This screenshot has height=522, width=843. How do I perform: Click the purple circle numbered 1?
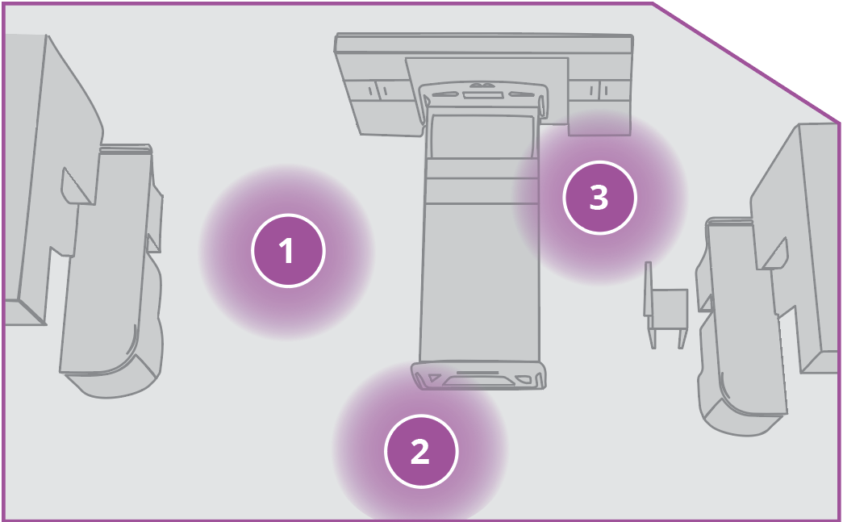click(288, 252)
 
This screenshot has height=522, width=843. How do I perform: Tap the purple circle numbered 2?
click(420, 451)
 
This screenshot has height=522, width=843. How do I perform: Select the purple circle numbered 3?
click(599, 198)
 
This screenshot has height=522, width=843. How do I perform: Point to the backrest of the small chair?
click(648, 289)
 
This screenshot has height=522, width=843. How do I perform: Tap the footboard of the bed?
click(478, 376)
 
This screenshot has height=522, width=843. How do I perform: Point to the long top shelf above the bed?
click(484, 44)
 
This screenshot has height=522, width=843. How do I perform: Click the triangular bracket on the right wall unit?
click(776, 254)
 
